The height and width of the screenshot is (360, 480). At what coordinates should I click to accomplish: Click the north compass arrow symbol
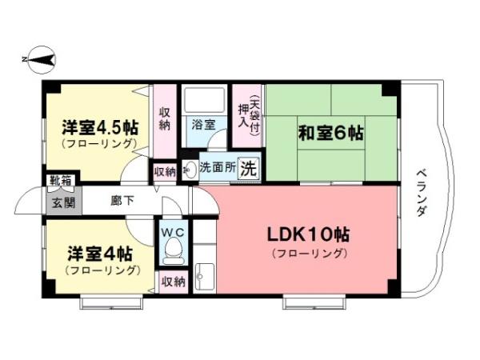38,58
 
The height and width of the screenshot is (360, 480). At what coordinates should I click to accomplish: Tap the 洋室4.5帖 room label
100,128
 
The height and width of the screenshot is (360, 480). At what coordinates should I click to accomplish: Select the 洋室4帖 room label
99,254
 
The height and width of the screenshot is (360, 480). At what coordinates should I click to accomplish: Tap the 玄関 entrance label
63,202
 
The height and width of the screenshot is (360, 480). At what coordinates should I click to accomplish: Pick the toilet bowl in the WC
171,252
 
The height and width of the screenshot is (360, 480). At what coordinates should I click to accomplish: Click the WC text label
171,231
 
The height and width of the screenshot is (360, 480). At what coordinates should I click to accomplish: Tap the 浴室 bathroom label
203,125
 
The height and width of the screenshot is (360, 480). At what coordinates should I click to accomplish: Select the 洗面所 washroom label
218,169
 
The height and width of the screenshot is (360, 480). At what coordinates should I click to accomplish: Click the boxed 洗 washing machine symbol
249,169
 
